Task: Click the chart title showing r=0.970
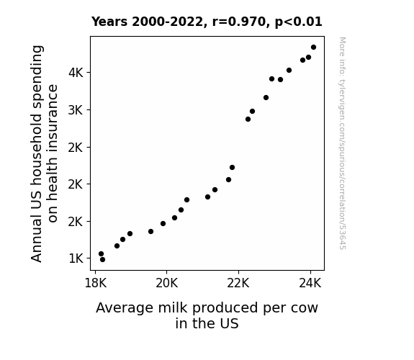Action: point(207,22)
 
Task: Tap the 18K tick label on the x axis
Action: point(95,284)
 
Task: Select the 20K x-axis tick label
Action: point(166,284)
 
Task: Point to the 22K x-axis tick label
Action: point(238,284)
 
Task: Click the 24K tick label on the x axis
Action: point(310,284)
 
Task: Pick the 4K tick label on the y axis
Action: point(76,73)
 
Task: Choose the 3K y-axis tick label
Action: point(76,110)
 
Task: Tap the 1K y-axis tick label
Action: point(76,258)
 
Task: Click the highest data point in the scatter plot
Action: point(313,48)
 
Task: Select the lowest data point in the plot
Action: point(102,260)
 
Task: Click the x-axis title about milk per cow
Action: point(207,315)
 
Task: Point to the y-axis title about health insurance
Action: point(44,153)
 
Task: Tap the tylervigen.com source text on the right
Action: point(342,143)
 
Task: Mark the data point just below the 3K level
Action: point(252,111)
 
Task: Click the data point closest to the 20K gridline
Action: point(163,224)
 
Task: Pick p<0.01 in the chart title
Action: point(299,22)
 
